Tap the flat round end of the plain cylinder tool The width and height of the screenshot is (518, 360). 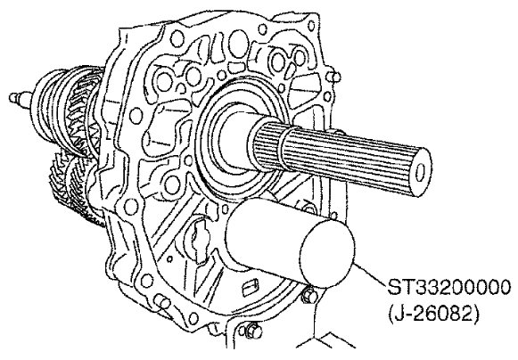(x=326, y=254)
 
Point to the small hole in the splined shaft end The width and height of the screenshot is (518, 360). (x=421, y=172)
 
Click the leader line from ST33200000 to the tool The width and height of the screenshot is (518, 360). (x=369, y=274)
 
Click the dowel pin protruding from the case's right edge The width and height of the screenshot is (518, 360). (x=334, y=78)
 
